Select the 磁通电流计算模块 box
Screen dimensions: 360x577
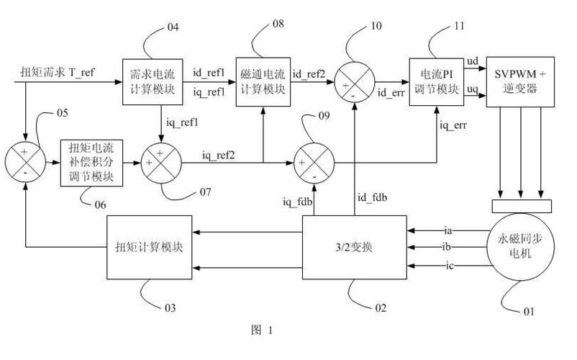click(261, 82)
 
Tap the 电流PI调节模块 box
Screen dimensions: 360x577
click(435, 82)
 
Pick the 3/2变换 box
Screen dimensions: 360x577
click(353, 249)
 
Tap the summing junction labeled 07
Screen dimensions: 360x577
click(160, 163)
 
